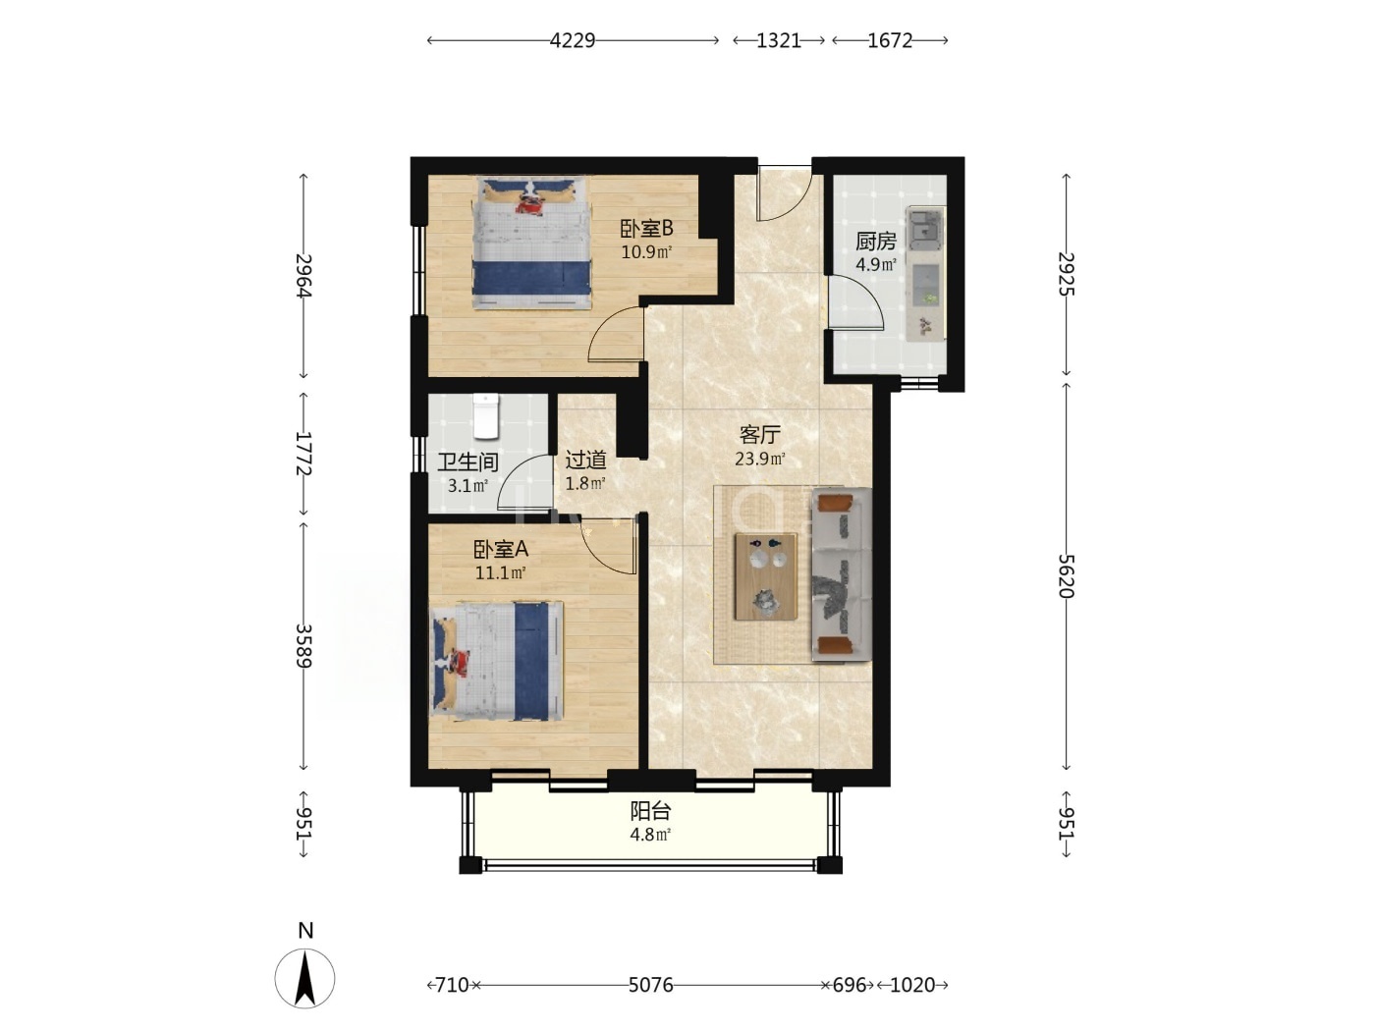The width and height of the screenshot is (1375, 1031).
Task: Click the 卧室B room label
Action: point(646,228)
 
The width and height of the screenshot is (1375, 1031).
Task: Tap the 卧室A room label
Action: point(500,549)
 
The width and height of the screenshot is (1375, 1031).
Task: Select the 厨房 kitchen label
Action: point(876,241)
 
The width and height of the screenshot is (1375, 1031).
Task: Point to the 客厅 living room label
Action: point(759,434)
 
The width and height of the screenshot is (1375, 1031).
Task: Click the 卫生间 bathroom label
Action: point(467,462)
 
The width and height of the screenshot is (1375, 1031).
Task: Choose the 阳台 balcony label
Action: point(650,811)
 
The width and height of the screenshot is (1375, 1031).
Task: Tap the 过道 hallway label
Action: point(585,461)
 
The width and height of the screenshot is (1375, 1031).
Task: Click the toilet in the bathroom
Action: point(485,415)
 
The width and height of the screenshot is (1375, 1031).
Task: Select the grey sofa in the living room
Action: point(842,574)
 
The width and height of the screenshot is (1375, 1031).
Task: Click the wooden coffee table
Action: point(765,576)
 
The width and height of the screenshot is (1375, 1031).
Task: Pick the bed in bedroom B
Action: point(532,243)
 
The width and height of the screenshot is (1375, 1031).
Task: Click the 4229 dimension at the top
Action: point(572,40)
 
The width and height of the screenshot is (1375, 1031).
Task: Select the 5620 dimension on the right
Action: point(1066,576)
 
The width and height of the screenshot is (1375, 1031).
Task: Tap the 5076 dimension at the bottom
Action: point(650,985)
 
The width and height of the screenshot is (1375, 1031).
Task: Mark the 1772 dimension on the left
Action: point(303,453)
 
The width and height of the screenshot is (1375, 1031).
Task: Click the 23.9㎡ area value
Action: point(759,459)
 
